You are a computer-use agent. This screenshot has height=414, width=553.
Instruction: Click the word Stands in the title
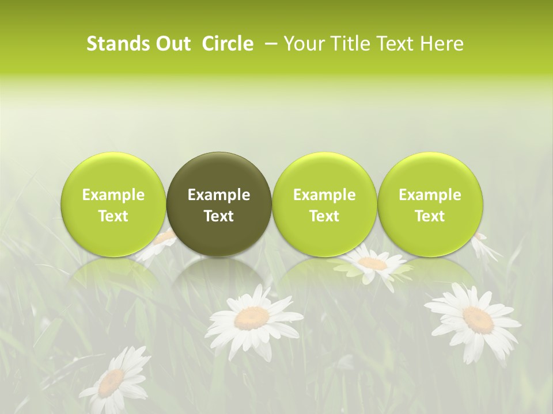(x=113, y=44)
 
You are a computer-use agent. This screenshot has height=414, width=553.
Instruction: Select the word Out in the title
(x=171, y=44)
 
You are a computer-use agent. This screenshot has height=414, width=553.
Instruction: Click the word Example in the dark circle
(x=219, y=195)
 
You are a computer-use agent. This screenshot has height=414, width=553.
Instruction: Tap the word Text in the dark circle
(x=219, y=216)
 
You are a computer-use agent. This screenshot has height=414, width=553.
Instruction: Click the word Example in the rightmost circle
(x=430, y=195)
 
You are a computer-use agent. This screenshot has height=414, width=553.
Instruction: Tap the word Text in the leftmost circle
(x=113, y=216)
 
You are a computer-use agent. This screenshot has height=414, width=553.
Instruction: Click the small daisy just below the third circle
(x=373, y=263)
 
